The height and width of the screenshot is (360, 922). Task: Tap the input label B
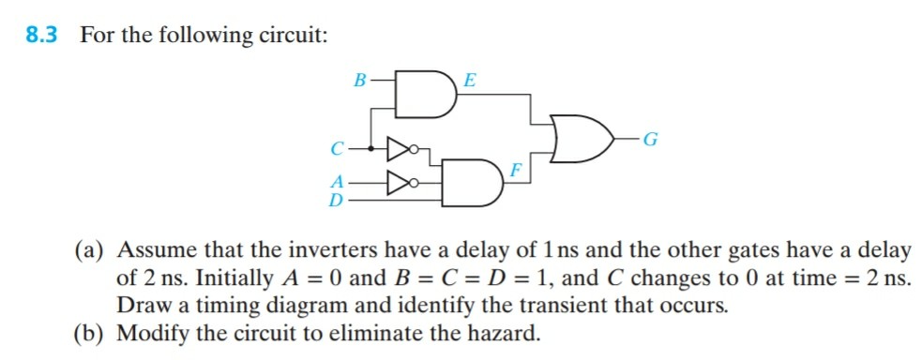tap(358, 82)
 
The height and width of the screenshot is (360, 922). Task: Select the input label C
tap(337, 148)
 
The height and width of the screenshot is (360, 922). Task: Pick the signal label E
tap(470, 82)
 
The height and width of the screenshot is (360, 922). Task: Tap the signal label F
tap(516, 171)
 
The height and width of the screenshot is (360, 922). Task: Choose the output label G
tap(651, 142)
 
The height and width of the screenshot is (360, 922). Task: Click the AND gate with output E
tap(428, 94)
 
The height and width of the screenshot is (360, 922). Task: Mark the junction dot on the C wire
tap(373, 147)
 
